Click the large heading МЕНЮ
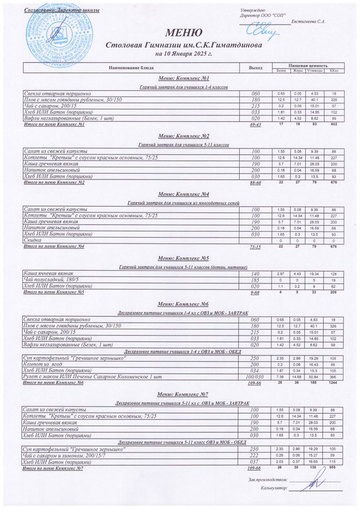coord(183,33)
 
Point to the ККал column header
coord(334,70)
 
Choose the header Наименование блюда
coord(131,68)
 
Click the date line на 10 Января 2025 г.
coord(183,54)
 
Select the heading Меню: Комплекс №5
coord(183,258)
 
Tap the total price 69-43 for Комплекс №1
coord(255,125)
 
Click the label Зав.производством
coord(268,480)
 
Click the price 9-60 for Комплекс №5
coord(255,292)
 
